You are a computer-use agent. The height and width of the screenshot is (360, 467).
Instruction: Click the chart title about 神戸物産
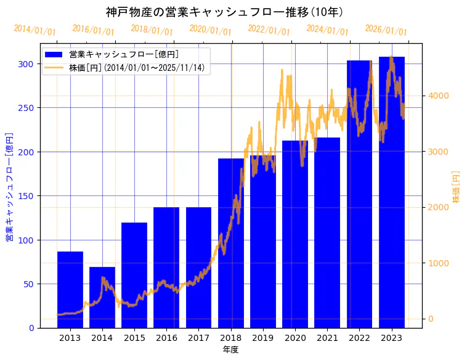224,12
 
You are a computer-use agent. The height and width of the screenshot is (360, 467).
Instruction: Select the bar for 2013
70,290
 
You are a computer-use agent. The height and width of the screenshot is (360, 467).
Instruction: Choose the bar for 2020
295,234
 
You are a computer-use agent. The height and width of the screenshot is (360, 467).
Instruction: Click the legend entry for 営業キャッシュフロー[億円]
124,54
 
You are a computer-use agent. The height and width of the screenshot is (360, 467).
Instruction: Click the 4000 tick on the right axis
440,96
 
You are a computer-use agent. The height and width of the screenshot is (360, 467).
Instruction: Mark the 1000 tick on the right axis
440,263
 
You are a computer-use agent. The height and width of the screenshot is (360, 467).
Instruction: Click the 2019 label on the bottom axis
263,338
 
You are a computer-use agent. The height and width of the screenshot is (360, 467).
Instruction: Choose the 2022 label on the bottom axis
359,338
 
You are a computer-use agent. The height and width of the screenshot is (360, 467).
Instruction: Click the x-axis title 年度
230,350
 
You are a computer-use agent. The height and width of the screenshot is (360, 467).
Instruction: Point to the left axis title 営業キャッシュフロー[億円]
9,186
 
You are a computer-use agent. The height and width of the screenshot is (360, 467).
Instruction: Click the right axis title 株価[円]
457,186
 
